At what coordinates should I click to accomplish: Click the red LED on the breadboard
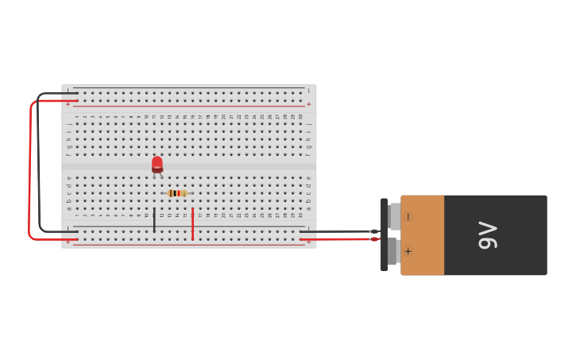[x=157, y=164]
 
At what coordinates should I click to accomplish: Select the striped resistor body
[x=177, y=193]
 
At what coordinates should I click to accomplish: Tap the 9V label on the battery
[x=488, y=235]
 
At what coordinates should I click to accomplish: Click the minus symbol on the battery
[x=408, y=216]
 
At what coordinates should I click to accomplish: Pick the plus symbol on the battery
[x=408, y=251]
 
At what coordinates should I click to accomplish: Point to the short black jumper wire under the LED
[x=154, y=220]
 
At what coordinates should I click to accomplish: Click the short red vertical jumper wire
[x=192, y=223]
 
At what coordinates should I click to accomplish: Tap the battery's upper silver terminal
[x=395, y=216]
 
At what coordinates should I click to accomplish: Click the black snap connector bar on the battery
[x=384, y=235]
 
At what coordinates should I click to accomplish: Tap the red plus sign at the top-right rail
[x=309, y=104]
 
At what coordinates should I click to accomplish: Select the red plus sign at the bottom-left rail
[x=68, y=241]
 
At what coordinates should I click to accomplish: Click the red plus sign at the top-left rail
[x=68, y=104]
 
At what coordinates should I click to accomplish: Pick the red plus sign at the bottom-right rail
[x=309, y=241]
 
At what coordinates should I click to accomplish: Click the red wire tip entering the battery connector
[x=374, y=238]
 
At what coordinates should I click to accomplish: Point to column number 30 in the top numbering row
[x=300, y=117]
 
